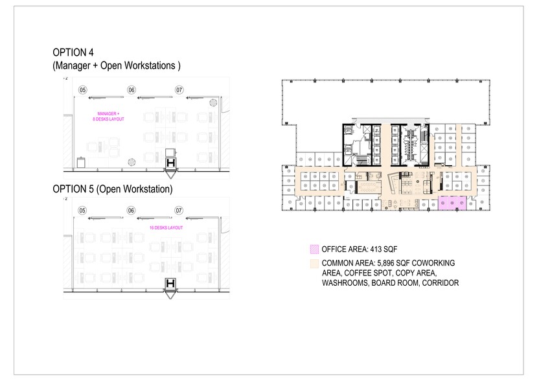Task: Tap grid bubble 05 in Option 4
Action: pos(82,89)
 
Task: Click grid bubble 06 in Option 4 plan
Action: pos(131,89)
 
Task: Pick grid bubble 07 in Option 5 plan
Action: pos(179,211)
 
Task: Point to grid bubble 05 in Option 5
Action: pos(82,211)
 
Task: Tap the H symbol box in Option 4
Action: pos(172,163)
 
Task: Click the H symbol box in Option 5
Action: pos(172,284)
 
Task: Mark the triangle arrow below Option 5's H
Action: pos(172,295)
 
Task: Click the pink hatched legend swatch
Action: pos(314,248)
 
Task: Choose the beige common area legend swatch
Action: pos(314,262)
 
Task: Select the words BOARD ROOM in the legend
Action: pos(401,283)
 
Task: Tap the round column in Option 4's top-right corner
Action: pos(212,102)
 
